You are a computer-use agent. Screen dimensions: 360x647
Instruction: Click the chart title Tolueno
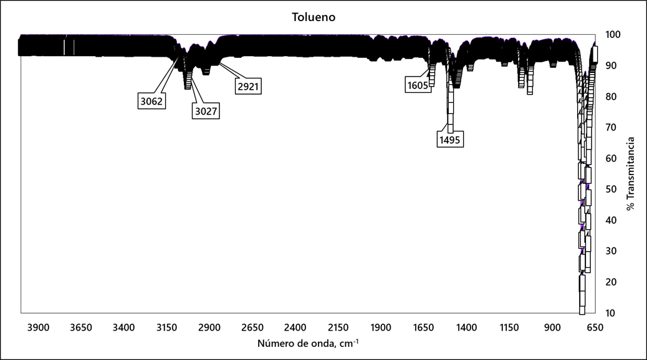[314, 17]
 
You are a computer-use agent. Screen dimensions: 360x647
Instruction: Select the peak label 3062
[152, 100]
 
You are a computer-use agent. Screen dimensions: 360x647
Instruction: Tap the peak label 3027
[206, 111]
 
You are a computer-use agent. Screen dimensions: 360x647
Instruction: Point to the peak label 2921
[248, 86]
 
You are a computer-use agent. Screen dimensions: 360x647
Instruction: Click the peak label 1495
[449, 140]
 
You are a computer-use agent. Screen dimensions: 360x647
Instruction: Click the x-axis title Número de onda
[307, 343]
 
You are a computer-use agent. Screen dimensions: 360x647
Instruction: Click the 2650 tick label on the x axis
[252, 327]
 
